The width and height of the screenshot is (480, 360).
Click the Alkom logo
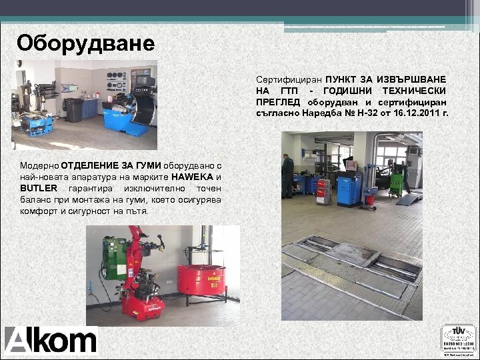pyautogui.click(x=51, y=339)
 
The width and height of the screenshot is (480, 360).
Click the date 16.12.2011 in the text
pyautogui.click(x=419, y=113)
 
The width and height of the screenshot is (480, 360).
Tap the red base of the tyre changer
pyautogui.click(x=139, y=306)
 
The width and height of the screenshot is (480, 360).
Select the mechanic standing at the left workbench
pyautogui.click(x=287, y=174)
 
